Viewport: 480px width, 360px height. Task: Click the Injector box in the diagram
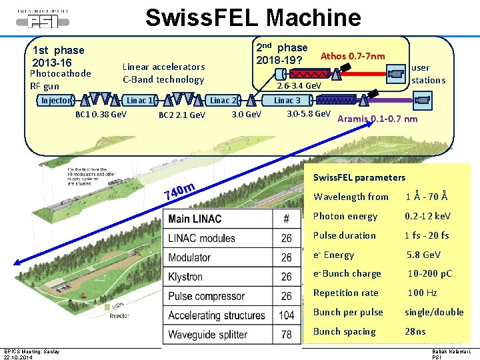click(x=55, y=101)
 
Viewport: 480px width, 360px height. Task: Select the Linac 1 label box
click(x=139, y=101)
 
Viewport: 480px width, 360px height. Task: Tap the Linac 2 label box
click(x=223, y=101)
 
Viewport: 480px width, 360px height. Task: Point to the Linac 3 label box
click(x=287, y=101)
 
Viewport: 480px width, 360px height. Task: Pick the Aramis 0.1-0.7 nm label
click(x=378, y=119)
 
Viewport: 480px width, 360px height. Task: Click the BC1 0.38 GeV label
click(x=101, y=114)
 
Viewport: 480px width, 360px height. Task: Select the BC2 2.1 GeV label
click(x=182, y=115)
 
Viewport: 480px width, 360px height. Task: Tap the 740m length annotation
click(x=179, y=192)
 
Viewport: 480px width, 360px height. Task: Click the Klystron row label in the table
click(x=185, y=276)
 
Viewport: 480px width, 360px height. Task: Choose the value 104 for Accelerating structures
click(x=287, y=315)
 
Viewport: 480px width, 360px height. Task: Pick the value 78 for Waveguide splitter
click(x=287, y=335)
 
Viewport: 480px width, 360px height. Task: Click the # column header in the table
click(x=287, y=219)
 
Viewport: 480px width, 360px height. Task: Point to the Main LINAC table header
click(x=195, y=219)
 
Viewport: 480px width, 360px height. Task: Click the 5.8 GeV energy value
click(x=423, y=255)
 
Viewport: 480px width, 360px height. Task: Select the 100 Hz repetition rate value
click(x=422, y=293)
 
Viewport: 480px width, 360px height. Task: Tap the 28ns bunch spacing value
click(x=415, y=331)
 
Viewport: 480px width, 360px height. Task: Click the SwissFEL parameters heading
click(x=359, y=177)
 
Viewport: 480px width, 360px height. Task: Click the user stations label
click(x=428, y=74)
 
